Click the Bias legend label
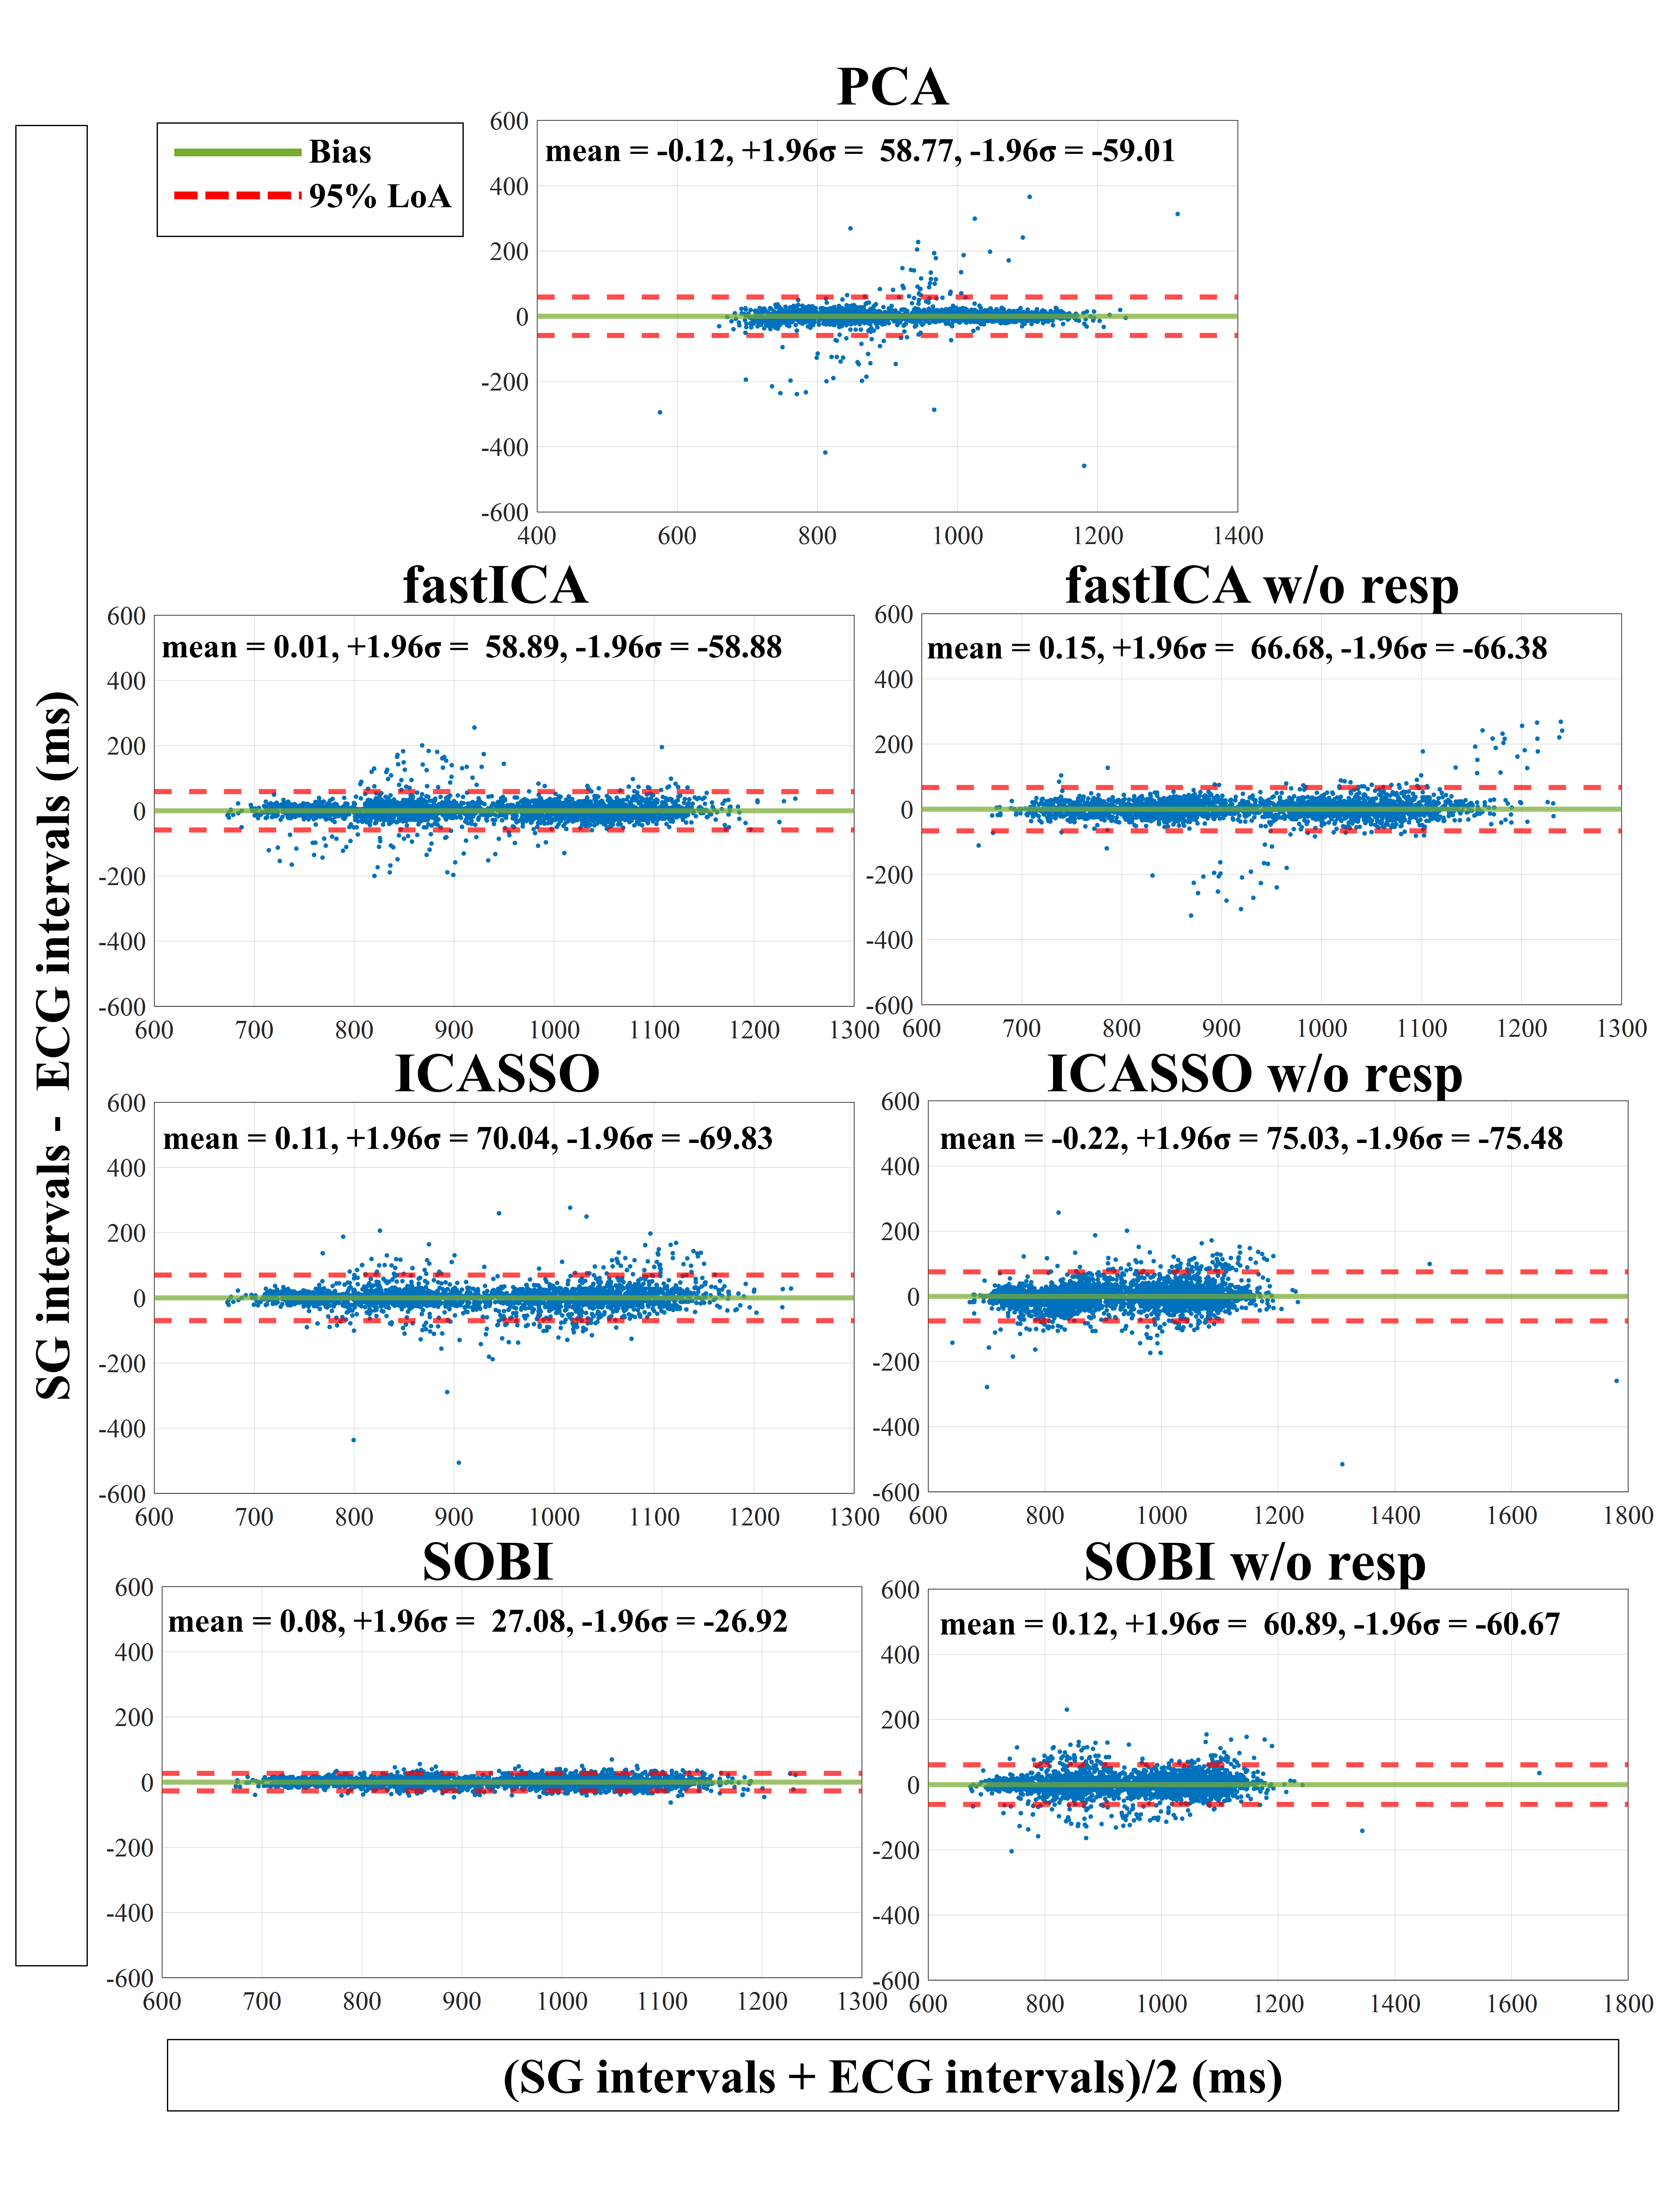[339, 151]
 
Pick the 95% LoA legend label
[379, 196]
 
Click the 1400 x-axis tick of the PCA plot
[1237, 536]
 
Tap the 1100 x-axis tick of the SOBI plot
[661, 2001]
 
